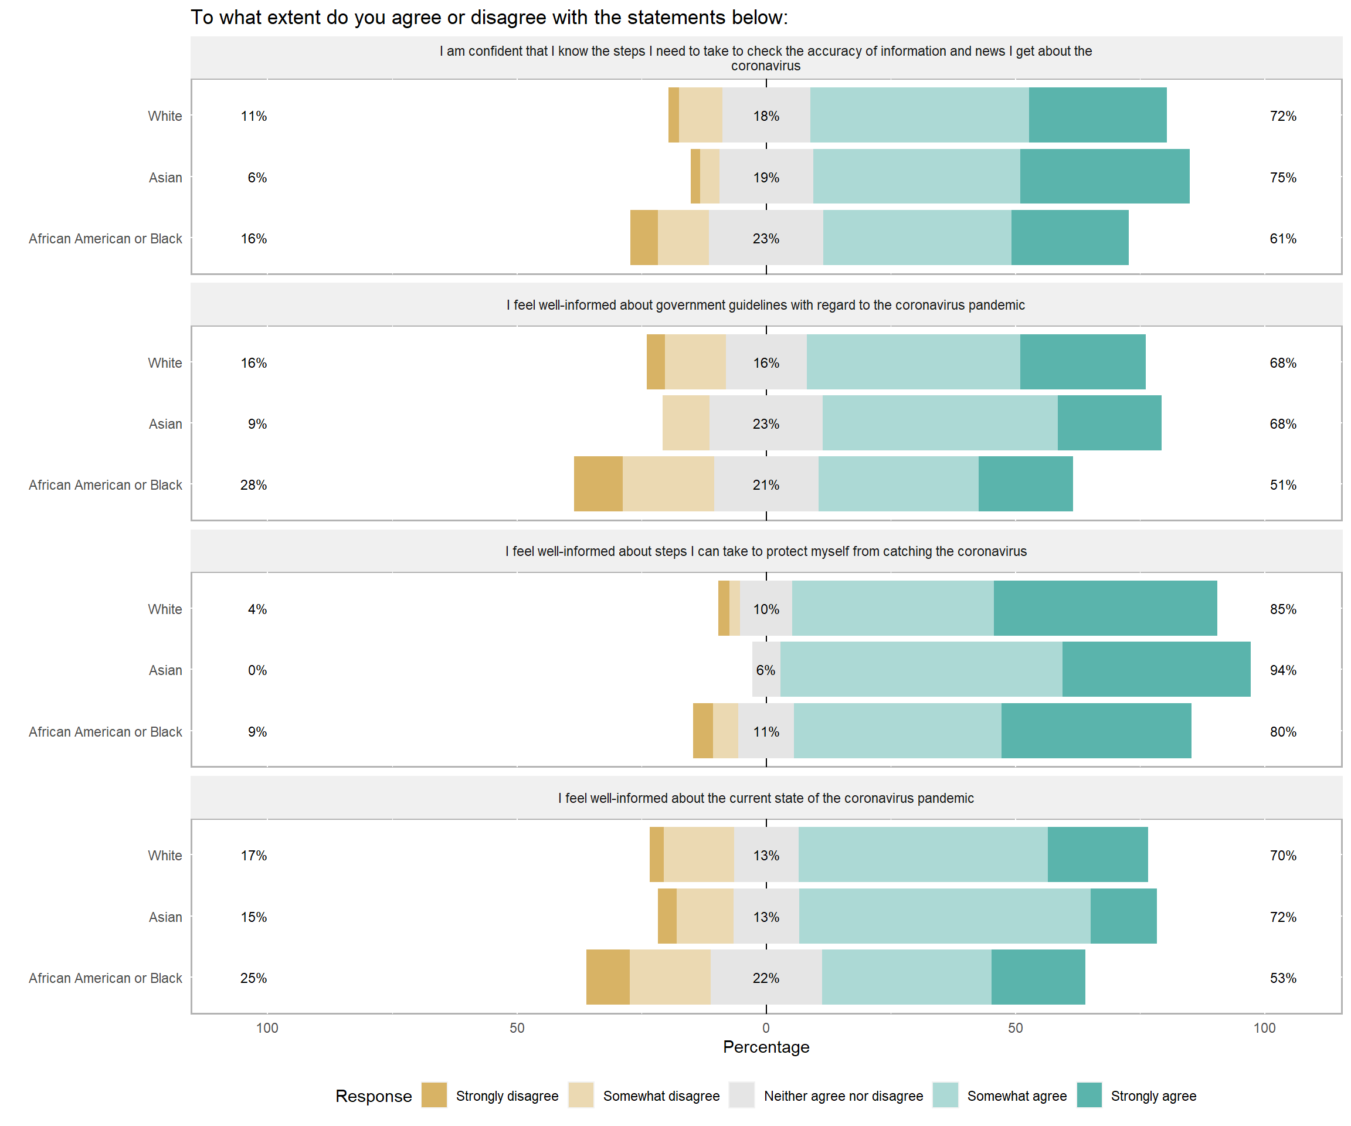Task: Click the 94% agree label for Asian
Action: tap(1282, 670)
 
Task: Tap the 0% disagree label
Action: tap(257, 670)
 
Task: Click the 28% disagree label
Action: tap(253, 485)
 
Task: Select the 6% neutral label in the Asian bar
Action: tap(766, 670)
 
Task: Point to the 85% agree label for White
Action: tap(1282, 609)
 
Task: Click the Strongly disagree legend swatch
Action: tap(435, 1096)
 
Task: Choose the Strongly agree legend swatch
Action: tap(1089, 1096)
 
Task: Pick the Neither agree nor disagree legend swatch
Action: tap(742, 1096)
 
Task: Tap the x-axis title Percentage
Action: tap(766, 1047)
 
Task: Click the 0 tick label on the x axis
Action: tap(766, 1028)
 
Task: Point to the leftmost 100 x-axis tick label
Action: tap(267, 1028)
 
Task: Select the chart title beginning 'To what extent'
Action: tap(489, 18)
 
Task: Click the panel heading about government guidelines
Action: tap(766, 305)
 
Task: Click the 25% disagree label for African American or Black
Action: tap(253, 978)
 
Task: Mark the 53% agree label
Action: tap(1282, 978)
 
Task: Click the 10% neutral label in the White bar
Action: tap(766, 609)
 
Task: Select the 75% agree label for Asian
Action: tap(1282, 178)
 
